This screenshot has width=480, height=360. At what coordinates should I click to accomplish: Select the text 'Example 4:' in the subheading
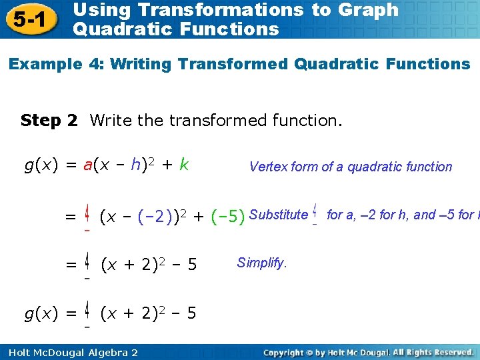click(56, 65)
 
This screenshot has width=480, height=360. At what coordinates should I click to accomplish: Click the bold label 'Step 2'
click(49, 120)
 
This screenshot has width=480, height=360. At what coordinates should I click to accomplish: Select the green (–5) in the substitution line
click(227, 216)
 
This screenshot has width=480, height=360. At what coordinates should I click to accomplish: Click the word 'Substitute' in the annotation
click(278, 215)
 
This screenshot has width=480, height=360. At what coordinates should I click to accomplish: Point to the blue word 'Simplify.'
click(262, 263)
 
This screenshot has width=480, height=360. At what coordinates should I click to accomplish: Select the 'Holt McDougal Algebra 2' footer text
click(69, 352)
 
